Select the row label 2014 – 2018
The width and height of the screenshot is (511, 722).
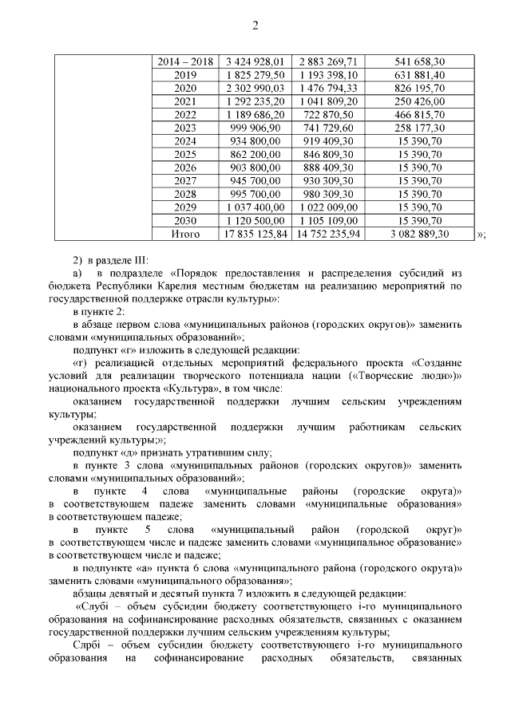pos(185,61)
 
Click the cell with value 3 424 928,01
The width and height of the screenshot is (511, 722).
pos(255,61)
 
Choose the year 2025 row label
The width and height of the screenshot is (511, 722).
pos(185,154)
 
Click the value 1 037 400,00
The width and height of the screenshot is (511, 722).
pos(255,207)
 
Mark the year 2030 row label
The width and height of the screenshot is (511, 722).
pos(185,221)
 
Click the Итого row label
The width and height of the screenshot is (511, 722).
pos(185,235)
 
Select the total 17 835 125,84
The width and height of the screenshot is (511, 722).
pos(255,235)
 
